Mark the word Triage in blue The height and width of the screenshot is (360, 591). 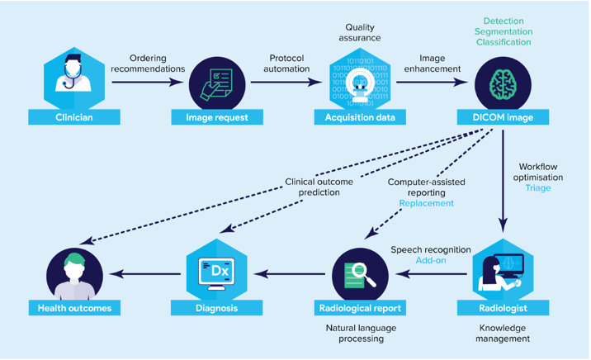click(537, 188)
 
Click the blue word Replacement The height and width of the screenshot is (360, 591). click(426, 203)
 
